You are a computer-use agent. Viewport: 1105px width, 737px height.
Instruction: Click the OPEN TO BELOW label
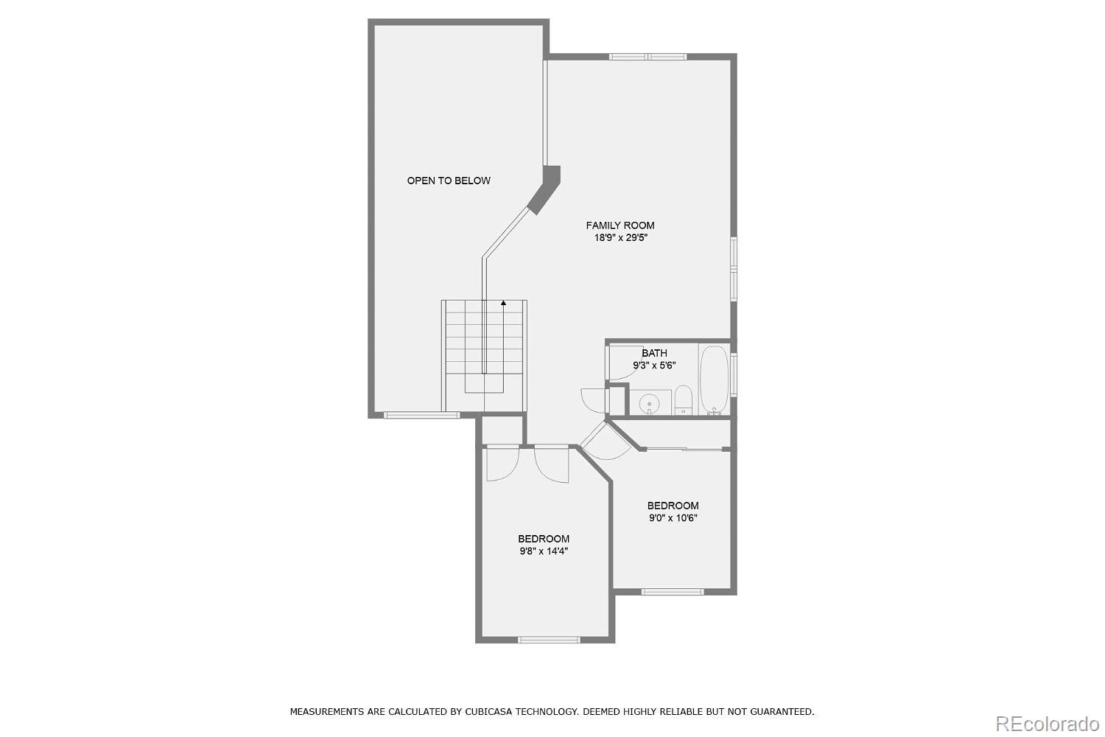coord(449,181)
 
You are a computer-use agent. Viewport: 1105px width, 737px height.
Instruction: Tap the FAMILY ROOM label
coord(620,226)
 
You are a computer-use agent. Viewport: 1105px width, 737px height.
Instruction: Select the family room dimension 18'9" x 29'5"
coord(620,238)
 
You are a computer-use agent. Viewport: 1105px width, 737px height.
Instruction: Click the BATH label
coord(654,353)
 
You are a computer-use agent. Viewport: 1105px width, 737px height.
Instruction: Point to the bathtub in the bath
coord(714,380)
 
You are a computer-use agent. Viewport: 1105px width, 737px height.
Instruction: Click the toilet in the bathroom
coord(684,399)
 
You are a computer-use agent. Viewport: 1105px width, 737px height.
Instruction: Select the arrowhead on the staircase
coord(504,302)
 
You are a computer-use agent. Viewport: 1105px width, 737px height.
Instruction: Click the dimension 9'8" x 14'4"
coord(544,551)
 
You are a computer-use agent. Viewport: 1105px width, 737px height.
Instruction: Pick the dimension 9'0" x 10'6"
coord(673,518)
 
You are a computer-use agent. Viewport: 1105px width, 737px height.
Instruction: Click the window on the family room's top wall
coord(648,57)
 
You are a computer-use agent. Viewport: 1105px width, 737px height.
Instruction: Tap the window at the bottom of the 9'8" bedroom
coord(549,639)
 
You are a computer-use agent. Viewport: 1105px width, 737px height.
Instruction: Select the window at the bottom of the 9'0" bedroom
coord(672,591)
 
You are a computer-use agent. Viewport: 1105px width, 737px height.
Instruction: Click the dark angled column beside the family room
coord(545,189)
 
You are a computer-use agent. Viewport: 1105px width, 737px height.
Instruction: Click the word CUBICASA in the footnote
coord(491,712)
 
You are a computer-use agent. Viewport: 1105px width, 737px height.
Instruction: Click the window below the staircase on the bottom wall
coord(421,415)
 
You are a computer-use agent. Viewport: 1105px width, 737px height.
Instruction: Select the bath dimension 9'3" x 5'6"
coord(654,366)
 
